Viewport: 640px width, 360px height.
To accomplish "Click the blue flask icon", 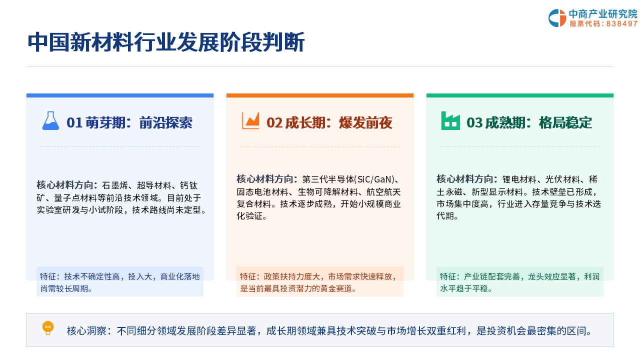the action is [50, 120].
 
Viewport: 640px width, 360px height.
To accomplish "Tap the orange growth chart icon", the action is [250, 120].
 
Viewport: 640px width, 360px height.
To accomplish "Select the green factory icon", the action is [450, 120].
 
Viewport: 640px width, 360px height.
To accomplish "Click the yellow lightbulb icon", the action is [48, 328].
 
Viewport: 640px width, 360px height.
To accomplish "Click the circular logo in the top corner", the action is [557, 18].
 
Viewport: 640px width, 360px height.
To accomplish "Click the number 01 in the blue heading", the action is [74, 123].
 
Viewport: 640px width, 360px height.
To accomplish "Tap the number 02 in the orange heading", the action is [274, 123].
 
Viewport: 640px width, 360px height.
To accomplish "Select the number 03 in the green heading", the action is [474, 123].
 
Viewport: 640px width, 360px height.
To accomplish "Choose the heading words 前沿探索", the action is [165, 123].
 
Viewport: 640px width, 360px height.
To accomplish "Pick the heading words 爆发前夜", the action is [365, 123].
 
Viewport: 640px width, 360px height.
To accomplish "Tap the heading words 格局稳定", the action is [565, 123].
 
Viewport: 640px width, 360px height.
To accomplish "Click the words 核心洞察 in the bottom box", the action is [87, 331].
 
